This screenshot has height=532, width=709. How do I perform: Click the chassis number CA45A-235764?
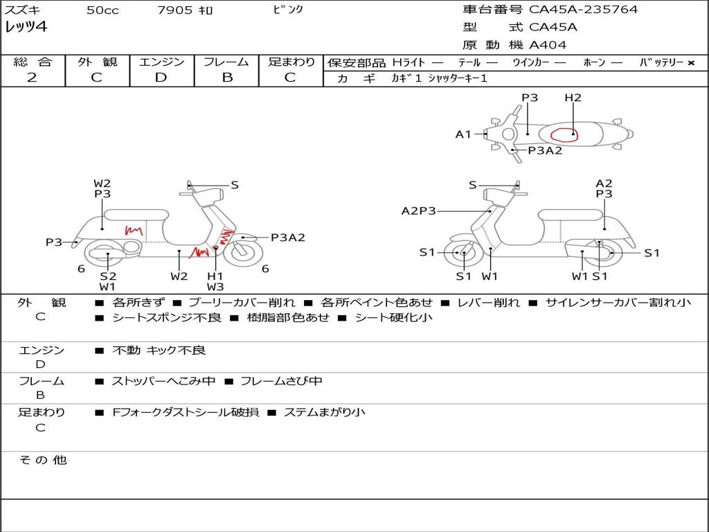(584, 10)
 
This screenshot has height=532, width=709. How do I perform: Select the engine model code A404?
(548, 45)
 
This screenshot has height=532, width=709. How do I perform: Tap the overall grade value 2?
(32, 78)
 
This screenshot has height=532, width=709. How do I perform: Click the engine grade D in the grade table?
(161, 78)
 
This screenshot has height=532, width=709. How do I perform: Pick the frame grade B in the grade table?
(226, 78)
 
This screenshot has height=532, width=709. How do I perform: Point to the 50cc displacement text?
(102, 10)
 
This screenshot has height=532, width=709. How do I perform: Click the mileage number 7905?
(174, 10)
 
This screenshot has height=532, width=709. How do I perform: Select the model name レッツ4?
(26, 28)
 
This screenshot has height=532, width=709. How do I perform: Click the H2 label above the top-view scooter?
(573, 98)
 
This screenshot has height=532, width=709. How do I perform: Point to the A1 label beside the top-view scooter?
(463, 134)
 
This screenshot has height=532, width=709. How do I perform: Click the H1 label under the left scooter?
(215, 276)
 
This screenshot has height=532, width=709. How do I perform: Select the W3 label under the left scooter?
(215, 287)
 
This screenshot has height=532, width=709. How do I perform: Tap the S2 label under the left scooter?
(107, 276)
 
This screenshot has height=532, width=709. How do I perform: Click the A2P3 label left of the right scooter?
(418, 211)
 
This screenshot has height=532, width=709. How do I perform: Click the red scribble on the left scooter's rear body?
(133, 230)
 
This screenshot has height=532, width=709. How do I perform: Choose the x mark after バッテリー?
(691, 62)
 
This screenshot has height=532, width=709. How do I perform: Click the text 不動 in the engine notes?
(125, 351)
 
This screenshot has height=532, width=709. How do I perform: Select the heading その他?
(42, 460)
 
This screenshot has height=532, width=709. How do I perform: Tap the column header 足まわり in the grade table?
(291, 62)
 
